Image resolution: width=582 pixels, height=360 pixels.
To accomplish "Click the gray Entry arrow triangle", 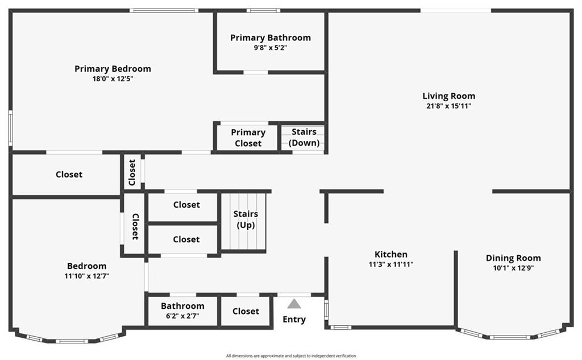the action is point(294,304).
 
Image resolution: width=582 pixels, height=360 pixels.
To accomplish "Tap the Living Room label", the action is point(449,96).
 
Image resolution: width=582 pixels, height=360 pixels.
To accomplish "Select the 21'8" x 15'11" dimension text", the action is point(449,106).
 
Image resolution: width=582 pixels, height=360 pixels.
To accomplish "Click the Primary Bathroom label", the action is point(270,38).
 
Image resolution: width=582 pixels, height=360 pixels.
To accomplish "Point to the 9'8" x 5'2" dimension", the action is point(270,48).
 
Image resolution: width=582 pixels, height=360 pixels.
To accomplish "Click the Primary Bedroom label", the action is point(113,69).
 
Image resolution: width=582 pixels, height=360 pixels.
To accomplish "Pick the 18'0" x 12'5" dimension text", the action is point(113,78).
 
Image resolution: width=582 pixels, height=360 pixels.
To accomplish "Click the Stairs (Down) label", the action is point(304,137).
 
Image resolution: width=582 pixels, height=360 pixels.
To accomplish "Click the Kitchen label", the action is point(391,254).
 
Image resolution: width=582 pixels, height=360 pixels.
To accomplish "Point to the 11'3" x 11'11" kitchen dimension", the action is point(391,264).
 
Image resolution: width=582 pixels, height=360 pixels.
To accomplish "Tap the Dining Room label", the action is point(513,258).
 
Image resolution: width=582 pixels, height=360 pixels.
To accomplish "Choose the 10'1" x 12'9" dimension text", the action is point(513,268).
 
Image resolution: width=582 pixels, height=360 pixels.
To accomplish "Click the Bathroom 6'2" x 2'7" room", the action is point(182,311).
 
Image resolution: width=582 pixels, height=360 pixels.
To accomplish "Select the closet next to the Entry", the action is point(246,311).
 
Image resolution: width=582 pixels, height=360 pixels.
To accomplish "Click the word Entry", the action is point(294,320).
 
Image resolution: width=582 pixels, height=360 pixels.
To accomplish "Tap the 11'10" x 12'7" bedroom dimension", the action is point(87,276).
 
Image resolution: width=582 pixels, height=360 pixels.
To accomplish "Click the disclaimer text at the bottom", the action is point(291,356).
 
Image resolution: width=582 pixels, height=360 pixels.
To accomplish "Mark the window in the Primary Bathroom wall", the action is point(264,10).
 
